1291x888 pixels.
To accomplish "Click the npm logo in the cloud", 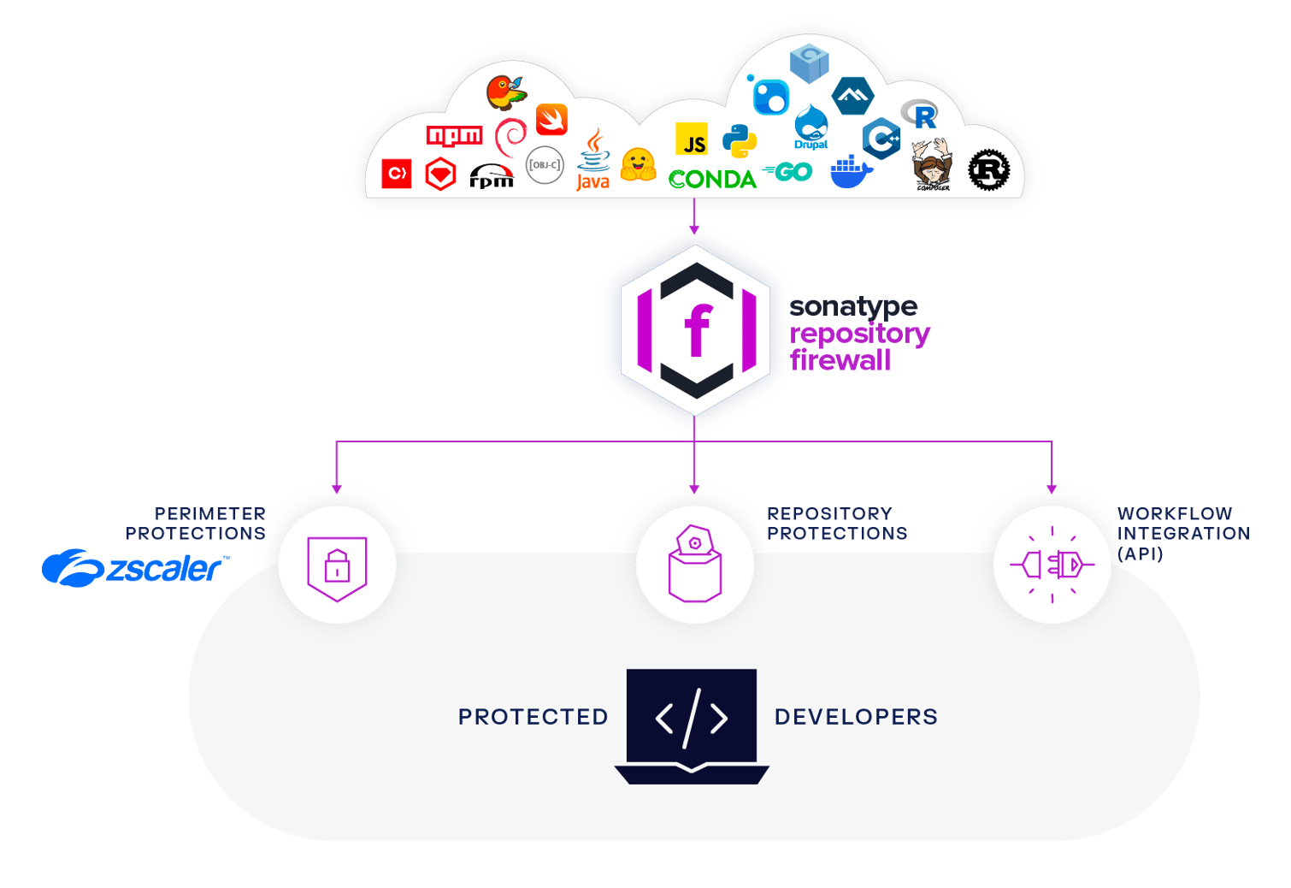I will (x=454, y=136).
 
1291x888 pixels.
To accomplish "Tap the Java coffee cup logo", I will (x=593, y=161).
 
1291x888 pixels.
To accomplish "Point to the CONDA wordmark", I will (x=712, y=180).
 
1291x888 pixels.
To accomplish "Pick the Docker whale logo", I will (x=851, y=171).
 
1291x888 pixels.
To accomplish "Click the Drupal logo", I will (x=811, y=127).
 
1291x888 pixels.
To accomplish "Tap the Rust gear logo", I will (x=989, y=169).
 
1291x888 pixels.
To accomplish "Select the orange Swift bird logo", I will (x=551, y=120).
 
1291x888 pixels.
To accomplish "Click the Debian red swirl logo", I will (x=511, y=137).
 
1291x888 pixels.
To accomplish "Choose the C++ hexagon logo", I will (x=881, y=139).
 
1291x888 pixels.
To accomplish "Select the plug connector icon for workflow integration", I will (x=1052, y=565).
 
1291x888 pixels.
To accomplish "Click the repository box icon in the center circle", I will (x=694, y=565).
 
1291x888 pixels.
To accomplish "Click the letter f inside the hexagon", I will (x=697, y=330).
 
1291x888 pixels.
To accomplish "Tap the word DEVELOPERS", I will (x=856, y=717).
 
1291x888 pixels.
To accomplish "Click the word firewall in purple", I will (x=840, y=360).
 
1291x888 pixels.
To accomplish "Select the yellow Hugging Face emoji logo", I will (x=638, y=164).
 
